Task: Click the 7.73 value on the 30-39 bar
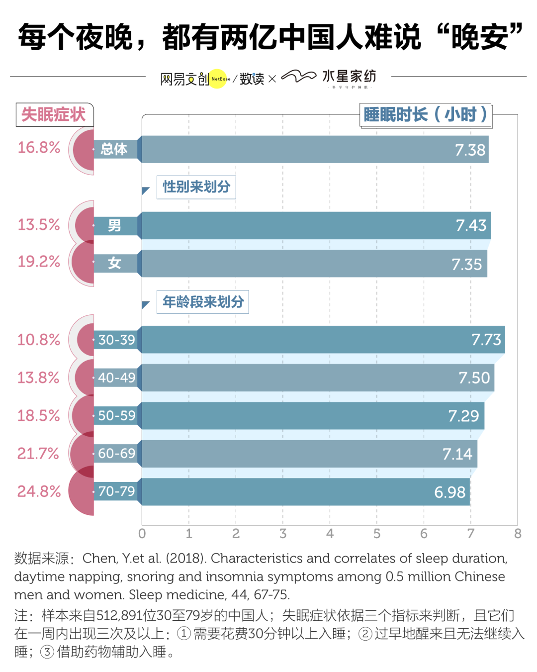(486, 340)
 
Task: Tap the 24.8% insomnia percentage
(39, 491)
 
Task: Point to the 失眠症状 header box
(54, 114)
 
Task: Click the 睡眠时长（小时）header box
(425, 115)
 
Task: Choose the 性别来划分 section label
(196, 187)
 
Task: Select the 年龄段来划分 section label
(203, 302)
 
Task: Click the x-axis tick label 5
(377, 534)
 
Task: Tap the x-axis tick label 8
(518, 534)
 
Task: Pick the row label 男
(114, 226)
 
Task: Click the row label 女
(114, 263)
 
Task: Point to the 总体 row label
(114, 149)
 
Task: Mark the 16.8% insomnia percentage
(39, 148)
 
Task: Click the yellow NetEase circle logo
(218, 79)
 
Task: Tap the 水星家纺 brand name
(349, 76)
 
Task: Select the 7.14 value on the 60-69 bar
(457, 454)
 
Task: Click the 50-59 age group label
(116, 416)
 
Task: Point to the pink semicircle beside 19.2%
(83, 262)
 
